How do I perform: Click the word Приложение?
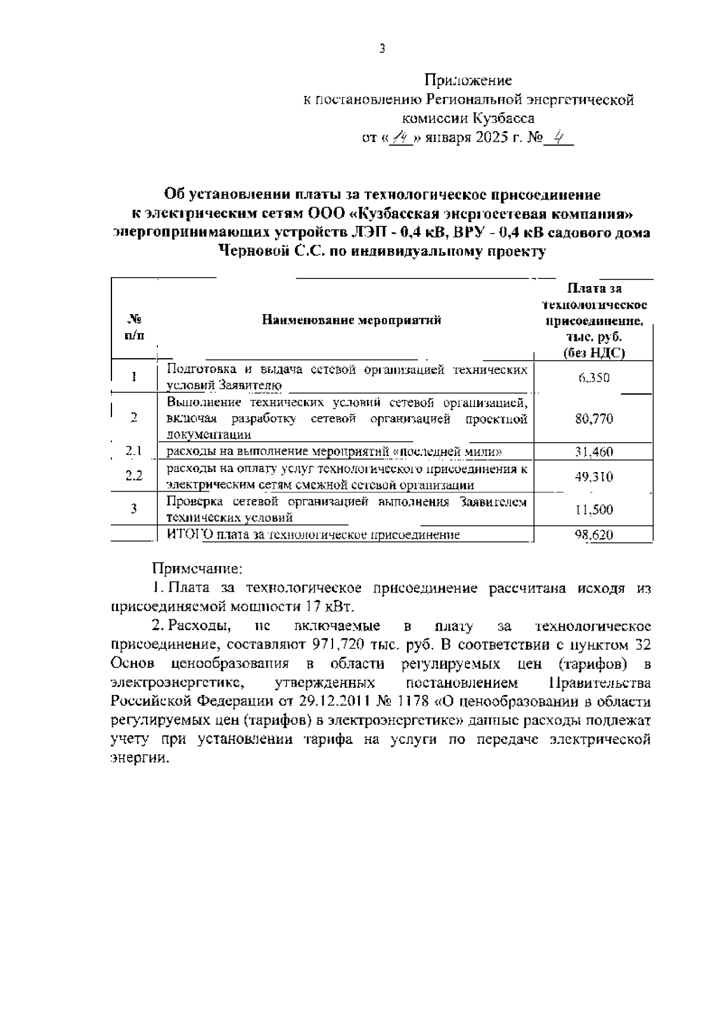click(x=468, y=80)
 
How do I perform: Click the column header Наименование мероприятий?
click(x=352, y=320)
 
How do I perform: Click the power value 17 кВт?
click(x=332, y=607)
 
